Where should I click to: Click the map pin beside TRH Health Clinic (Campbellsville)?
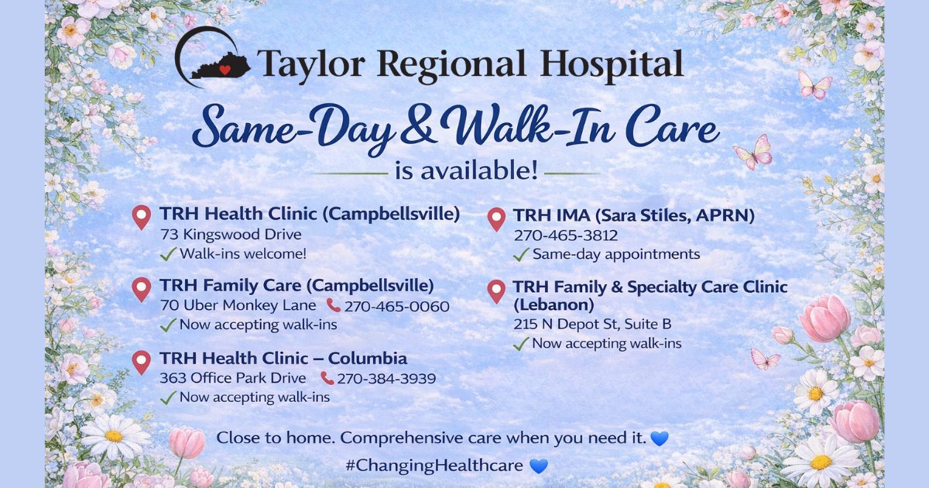click(141, 217)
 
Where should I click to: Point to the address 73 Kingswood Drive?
click(231, 234)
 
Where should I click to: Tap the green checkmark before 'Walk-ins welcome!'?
click(167, 254)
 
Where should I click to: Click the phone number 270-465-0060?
click(396, 307)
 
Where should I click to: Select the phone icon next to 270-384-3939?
click(327, 379)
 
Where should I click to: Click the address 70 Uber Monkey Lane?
click(238, 306)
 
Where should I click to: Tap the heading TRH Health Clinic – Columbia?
click(283, 359)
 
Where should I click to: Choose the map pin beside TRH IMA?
click(496, 219)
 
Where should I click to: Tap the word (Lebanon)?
click(554, 304)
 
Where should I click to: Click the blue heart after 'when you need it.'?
click(659, 438)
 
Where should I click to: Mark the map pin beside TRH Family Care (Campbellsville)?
click(141, 289)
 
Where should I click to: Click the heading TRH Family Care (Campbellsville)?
click(297, 286)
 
